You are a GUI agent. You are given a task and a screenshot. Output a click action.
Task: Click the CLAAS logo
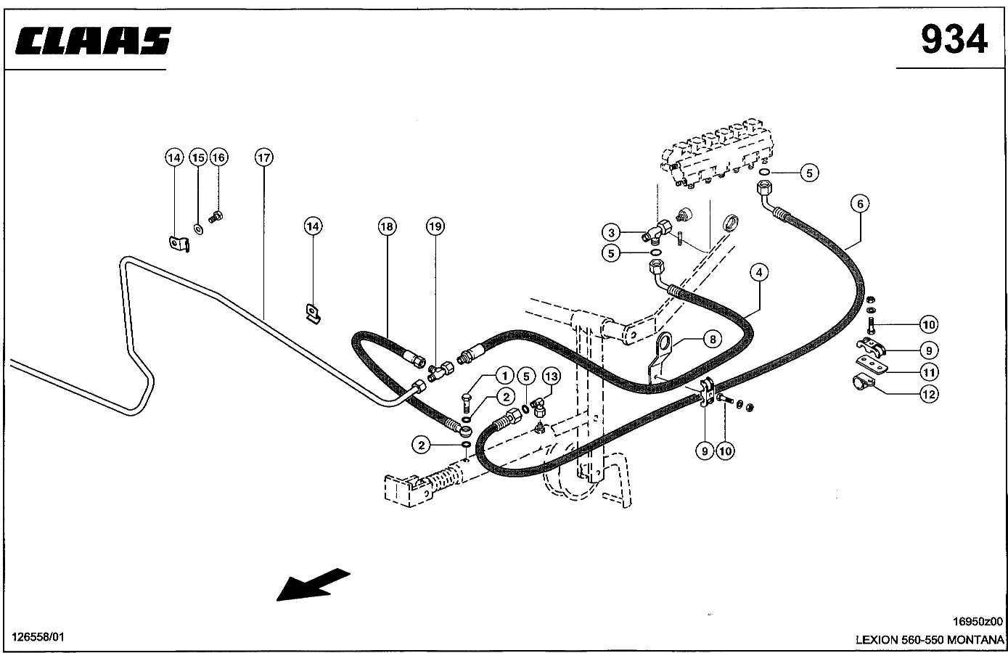coord(91,41)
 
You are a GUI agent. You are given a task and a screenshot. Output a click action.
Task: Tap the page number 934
coord(954,40)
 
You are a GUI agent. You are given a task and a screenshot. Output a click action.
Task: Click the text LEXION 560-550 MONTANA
coord(929,640)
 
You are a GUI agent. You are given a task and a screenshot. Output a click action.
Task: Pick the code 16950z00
coord(978,621)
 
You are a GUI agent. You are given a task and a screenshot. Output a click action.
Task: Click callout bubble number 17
coord(263,157)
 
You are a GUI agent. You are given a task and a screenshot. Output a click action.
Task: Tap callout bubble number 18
coord(387,227)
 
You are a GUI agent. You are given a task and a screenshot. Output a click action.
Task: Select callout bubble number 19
coord(434,227)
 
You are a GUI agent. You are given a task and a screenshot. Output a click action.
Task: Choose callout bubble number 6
coord(860,204)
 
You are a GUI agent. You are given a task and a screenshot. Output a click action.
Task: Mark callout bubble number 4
coord(758,273)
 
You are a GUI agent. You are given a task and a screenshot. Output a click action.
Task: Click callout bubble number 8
coord(712,338)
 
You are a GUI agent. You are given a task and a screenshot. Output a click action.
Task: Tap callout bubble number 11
coord(929,372)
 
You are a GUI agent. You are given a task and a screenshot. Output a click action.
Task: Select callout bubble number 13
coord(551,376)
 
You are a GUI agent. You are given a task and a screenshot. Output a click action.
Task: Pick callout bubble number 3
coord(612,232)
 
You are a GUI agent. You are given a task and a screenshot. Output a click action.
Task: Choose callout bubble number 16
coord(218,157)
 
